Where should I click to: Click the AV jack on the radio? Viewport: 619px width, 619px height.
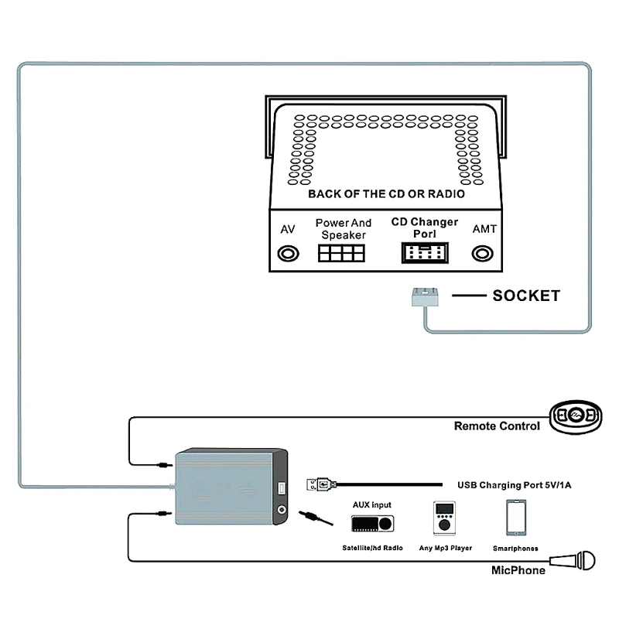click(289, 253)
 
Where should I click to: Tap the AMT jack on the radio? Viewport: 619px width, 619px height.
click(484, 253)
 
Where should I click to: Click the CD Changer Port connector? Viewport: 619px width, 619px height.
click(424, 253)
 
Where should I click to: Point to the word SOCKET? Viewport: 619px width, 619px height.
click(525, 296)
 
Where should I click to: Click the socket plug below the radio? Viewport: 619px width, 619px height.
click(424, 296)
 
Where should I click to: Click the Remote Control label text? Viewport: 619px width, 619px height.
click(496, 426)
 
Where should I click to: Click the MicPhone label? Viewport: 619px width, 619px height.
click(518, 570)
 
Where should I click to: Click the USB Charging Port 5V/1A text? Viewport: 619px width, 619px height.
click(514, 485)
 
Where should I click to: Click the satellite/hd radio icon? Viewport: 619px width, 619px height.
click(373, 524)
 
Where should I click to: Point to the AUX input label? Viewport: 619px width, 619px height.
click(372, 504)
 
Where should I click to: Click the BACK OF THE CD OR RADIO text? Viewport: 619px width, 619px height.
click(386, 194)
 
